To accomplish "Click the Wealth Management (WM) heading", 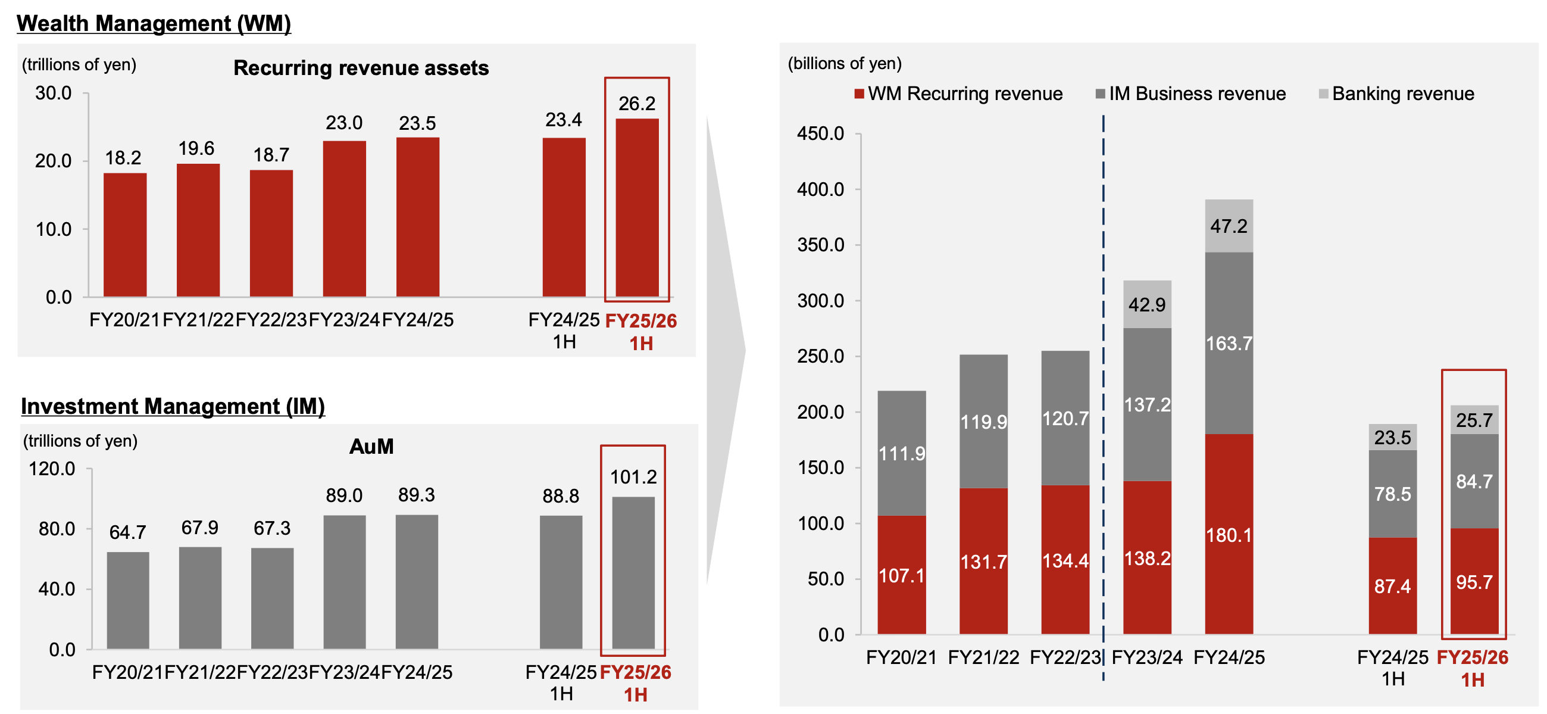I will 154,23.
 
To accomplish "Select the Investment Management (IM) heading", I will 173,406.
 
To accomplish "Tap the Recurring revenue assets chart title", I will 361,68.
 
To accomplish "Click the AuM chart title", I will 371,447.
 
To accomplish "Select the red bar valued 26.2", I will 637,207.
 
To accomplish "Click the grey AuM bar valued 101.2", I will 633,572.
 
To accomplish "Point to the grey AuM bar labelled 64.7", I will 128,600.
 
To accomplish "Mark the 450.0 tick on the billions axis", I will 820,133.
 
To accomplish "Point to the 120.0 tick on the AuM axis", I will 52,469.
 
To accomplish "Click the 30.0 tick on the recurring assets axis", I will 54,93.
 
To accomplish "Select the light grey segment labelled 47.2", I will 1229,226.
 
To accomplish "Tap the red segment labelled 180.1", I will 1229,534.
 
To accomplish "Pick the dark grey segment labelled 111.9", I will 901,453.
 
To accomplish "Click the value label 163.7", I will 1229,343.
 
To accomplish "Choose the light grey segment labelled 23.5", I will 1392,437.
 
